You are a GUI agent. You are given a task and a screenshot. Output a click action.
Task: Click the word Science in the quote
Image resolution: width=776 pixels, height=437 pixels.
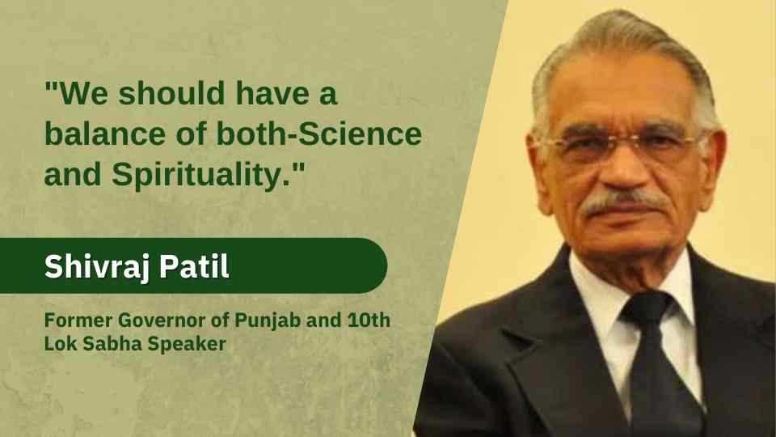pos(361,134)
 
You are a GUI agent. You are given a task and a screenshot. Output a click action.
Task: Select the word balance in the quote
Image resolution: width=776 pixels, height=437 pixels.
pos(104,134)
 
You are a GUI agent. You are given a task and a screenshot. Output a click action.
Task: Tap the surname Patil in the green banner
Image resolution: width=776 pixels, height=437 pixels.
pos(194,266)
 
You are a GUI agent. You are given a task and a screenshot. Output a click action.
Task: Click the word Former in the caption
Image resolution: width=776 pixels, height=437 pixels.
pos(78,320)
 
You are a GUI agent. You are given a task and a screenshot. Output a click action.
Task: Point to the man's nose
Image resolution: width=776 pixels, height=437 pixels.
pos(621,166)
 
